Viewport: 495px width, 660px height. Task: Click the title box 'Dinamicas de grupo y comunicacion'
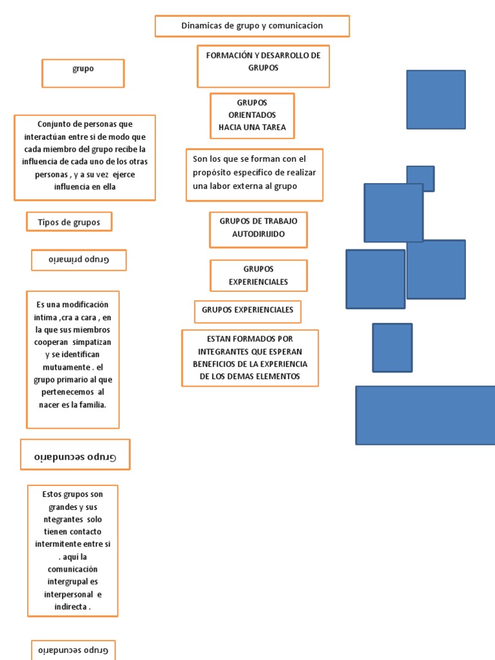(x=252, y=26)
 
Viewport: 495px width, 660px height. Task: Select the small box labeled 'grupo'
(x=83, y=69)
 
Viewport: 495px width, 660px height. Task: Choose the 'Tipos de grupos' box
(x=69, y=222)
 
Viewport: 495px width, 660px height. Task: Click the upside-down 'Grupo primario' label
(x=79, y=260)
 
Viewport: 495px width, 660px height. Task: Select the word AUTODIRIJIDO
(x=258, y=234)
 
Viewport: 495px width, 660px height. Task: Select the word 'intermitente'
(x=61, y=545)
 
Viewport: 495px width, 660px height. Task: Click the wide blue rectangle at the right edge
(x=425, y=415)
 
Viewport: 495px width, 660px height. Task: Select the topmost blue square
(x=436, y=100)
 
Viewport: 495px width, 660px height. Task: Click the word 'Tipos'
(x=49, y=222)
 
